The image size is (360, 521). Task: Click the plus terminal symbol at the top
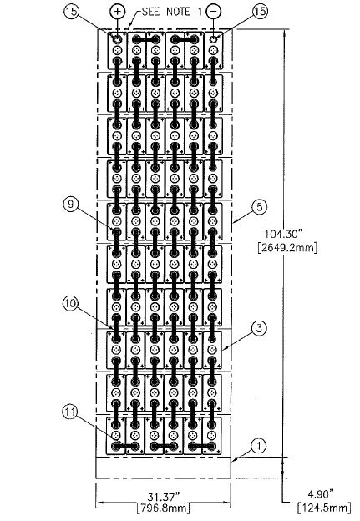(117, 12)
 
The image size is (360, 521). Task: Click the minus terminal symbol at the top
(213, 12)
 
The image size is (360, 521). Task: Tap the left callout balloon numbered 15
(71, 12)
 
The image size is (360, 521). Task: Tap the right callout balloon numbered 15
(260, 12)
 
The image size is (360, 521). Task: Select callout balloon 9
(70, 204)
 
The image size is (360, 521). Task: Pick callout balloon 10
(70, 303)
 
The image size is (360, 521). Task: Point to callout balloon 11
(69, 412)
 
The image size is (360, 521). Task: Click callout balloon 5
(259, 207)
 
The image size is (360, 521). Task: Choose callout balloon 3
(259, 328)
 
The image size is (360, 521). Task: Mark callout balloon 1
(259, 446)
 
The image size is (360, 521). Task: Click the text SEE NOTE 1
(171, 12)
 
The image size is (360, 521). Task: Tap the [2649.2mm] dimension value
(287, 247)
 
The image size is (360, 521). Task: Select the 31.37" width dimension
(164, 497)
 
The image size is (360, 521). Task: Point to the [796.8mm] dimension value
(164, 508)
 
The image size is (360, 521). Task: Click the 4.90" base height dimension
(320, 494)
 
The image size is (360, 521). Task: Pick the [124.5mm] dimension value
(324, 508)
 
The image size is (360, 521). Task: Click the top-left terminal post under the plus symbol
(117, 40)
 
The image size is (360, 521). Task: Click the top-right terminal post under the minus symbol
(213, 40)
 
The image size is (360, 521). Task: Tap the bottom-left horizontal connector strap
(125, 446)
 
